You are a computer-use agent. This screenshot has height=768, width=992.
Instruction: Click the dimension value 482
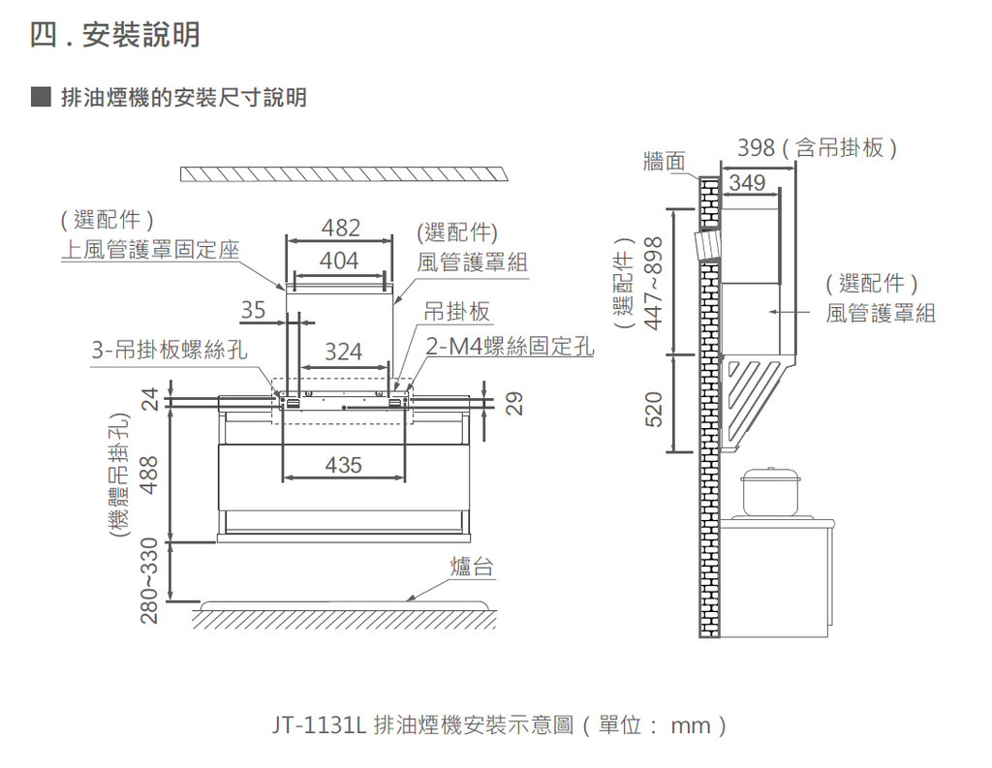(340, 229)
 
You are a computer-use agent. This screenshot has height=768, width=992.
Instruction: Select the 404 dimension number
(339, 261)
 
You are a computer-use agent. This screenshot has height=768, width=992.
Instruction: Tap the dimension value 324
(343, 352)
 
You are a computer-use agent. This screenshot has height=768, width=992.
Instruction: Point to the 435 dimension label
(343, 465)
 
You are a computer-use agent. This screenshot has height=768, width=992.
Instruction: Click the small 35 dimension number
(253, 311)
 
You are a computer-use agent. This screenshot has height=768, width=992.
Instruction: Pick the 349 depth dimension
(747, 182)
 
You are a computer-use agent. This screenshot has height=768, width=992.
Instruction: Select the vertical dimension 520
(653, 409)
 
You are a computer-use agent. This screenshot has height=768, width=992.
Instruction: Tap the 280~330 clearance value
(147, 581)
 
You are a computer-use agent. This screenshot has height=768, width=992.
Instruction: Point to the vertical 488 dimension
(147, 474)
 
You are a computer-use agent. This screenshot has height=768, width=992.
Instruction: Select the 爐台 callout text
(472, 567)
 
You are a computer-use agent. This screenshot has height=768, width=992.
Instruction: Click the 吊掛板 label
(457, 312)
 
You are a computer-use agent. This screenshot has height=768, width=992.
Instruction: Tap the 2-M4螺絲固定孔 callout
(511, 346)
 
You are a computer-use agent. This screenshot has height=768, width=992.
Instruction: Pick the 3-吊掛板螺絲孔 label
(170, 350)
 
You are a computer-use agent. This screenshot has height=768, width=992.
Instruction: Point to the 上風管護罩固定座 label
(149, 249)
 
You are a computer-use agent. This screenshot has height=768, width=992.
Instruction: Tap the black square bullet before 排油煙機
(40, 97)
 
